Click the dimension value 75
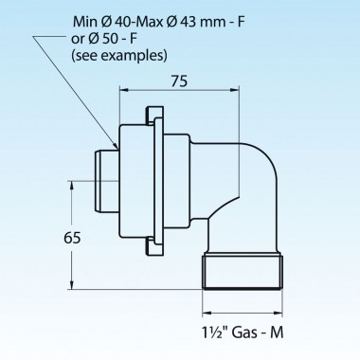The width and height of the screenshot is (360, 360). click(179, 81)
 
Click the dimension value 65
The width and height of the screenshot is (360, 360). click(72, 238)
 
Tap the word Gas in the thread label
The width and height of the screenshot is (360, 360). click(243, 333)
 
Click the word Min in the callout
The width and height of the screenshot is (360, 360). click(85, 22)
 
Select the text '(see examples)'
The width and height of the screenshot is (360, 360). click(119, 56)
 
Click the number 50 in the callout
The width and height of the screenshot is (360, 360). click(109, 39)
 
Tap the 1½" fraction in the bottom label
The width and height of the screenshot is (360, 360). click(215, 333)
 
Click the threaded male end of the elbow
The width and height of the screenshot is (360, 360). click(243, 271)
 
